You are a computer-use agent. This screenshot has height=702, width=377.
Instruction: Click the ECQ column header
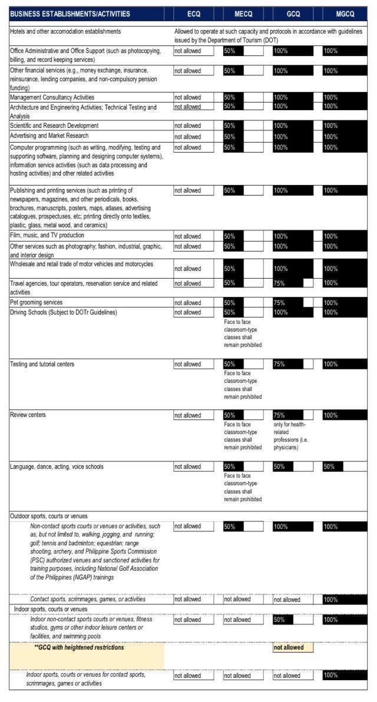click(x=194, y=14)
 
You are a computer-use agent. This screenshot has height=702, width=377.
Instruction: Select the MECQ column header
click(x=243, y=14)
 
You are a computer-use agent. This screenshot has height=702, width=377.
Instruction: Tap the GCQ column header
click(x=293, y=14)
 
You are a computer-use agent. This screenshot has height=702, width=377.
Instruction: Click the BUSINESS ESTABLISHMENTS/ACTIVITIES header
click(x=71, y=14)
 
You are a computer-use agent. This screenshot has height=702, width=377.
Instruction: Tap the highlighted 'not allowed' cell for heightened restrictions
click(x=293, y=648)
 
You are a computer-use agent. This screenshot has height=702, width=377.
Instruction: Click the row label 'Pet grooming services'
click(x=36, y=303)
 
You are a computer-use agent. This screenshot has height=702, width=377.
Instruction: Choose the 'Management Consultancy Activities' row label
click(x=52, y=97)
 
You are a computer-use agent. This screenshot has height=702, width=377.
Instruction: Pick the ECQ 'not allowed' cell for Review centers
click(x=194, y=416)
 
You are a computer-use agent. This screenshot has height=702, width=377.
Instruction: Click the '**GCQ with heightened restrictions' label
click(x=80, y=648)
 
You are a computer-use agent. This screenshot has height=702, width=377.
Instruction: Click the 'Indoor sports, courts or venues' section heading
click(x=51, y=609)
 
